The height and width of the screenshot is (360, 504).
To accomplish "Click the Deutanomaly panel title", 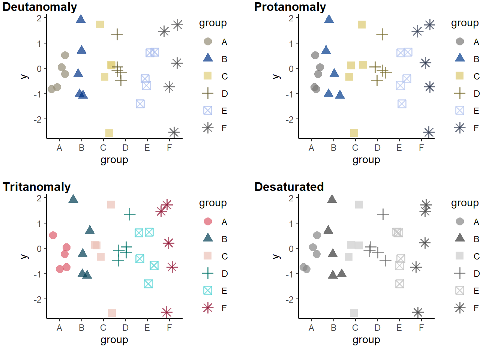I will pos(40,7).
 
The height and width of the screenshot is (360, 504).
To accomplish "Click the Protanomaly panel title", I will pos(290,7).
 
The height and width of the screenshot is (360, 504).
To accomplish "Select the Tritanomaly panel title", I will pos(37,187).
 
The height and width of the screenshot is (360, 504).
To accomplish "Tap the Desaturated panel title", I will pos(289,187).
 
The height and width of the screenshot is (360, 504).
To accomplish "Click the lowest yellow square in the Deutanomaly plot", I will pos(109,133).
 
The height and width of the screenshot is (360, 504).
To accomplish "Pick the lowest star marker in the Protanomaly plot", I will pos(429,132).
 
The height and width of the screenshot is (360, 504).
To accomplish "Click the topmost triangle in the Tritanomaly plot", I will pos(73,199).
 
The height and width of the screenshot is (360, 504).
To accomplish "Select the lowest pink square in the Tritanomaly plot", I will pos(112,313).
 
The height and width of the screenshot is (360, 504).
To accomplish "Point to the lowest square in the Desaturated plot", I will pos(354,313).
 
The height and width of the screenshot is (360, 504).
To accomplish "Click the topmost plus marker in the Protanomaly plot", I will pos(382,34).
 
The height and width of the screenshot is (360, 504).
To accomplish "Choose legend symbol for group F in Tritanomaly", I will pos(208,308).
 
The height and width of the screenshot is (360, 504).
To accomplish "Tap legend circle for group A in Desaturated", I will pos(460,222).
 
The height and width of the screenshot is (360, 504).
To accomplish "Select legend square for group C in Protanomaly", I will pos(460,76).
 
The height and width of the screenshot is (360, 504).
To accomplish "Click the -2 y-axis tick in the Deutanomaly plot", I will pos(39,119).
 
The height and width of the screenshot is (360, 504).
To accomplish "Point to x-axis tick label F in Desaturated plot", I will pos(421,328).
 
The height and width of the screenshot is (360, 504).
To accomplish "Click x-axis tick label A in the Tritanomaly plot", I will pos(59,328).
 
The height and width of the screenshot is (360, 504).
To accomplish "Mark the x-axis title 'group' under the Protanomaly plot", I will pos(366,160).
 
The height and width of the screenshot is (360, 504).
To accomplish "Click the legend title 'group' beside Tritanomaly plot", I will pos(213,203).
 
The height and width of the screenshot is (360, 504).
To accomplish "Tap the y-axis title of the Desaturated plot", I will pos(276,256).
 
